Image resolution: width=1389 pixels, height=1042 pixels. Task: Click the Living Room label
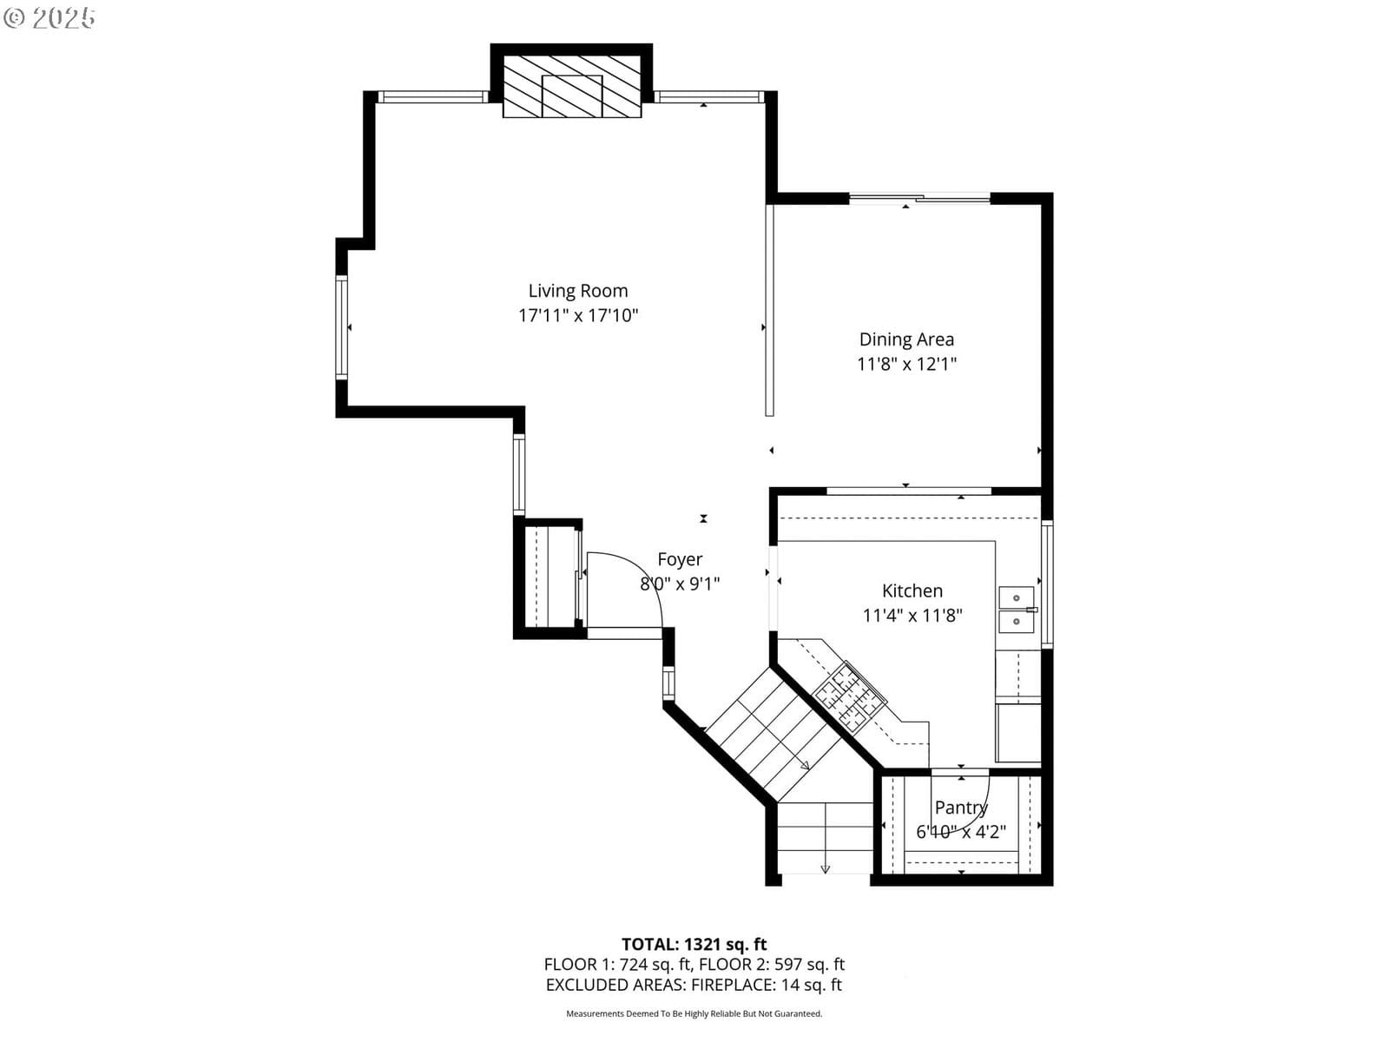click(578, 291)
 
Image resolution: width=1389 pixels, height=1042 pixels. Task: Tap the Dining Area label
click(906, 340)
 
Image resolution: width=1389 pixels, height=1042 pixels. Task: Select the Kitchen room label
click(912, 591)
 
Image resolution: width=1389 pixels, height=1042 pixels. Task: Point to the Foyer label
click(680, 560)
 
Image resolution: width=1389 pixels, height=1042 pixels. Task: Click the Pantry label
click(961, 808)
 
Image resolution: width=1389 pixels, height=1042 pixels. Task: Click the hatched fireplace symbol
click(571, 86)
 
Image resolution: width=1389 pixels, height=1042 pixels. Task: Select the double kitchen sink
click(1017, 610)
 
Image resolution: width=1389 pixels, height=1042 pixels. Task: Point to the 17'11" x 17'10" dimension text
click(578, 316)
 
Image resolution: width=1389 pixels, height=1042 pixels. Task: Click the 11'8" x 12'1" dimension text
click(906, 365)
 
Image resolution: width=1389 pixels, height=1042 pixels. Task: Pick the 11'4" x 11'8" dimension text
click(912, 616)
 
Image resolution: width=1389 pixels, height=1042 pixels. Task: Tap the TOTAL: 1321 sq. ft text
click(694, 945)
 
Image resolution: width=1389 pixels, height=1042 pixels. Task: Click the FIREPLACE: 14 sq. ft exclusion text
click(767, 985)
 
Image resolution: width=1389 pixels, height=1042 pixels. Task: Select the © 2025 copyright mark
click(49, 17)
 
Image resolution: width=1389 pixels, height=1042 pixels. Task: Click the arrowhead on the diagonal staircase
click(805, 766)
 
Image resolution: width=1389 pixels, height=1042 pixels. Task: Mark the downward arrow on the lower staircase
click(826, 869)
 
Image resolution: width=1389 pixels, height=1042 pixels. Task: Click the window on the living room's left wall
click(341, 327)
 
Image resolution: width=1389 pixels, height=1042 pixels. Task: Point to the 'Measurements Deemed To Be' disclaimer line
click(694, 1013)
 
